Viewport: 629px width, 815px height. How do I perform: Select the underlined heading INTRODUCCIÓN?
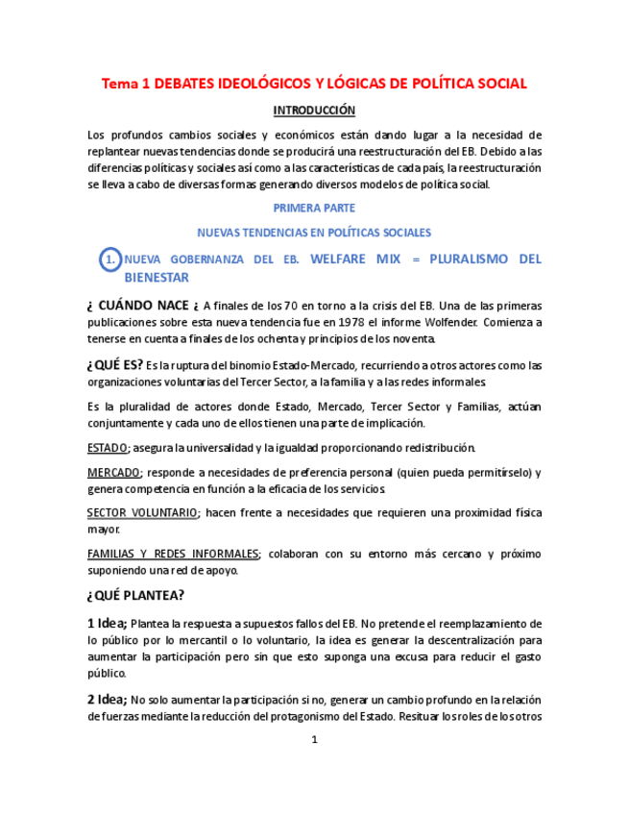tap(314, 111)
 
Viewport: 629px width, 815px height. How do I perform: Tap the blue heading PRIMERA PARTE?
tap(314, 208)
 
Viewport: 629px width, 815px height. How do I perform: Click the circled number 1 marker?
tap(110, 259)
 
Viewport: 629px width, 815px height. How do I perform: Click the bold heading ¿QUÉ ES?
tap(114, 364)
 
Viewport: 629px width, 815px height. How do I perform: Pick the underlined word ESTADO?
tap(108, 448)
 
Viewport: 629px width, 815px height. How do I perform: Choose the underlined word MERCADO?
tap(113, 472)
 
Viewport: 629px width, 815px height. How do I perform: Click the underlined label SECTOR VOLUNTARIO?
tap(142, 512)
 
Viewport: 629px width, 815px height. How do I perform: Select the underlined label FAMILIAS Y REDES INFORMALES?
tap(173, 554)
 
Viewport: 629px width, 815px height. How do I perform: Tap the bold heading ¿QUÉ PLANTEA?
tap(136, 597)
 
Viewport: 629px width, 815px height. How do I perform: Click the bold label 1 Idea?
tap(107, 623)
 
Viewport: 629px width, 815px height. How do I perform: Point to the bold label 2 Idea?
tap(107, 699)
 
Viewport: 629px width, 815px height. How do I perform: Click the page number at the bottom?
tap(314, 740)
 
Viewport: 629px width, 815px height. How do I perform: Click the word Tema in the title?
tap(120, 84)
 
